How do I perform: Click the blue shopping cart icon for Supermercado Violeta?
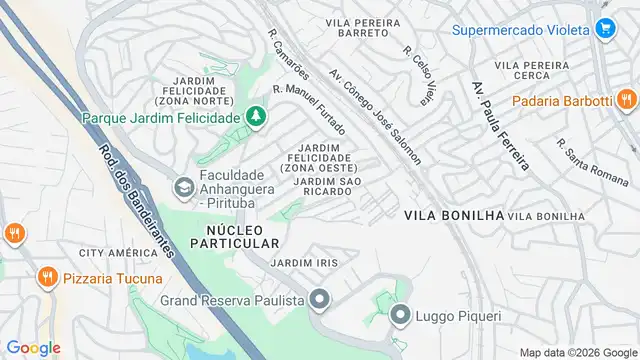pos(604,29)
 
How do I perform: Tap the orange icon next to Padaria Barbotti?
pos(626,100)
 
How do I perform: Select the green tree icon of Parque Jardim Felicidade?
pos(257,118)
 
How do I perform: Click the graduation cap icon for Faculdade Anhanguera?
pos(183,187)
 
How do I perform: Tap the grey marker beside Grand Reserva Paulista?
pos(319,298)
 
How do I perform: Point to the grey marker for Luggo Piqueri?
pos(400,317)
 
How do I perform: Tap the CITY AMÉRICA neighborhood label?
pos(119,253)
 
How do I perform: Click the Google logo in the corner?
pos(33,347)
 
